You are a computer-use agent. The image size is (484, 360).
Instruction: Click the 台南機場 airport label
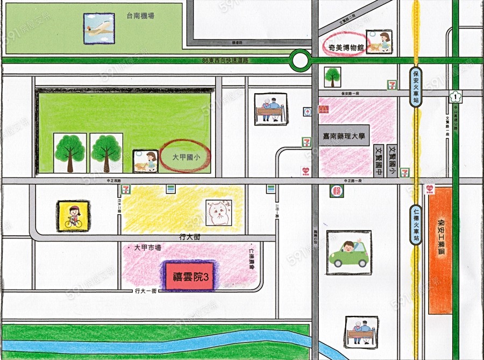[140, 16]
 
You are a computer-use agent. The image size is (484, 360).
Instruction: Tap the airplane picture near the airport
[99, 29]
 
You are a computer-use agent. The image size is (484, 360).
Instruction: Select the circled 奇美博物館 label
[346, 47]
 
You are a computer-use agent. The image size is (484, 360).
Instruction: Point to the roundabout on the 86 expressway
[300, 60]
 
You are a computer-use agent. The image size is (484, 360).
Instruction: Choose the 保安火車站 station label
[416, 87]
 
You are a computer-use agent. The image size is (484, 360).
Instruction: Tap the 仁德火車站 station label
[416, 225]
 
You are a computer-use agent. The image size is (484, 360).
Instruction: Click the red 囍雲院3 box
[189, 277]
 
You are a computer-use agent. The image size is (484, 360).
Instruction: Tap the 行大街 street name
[190, 237]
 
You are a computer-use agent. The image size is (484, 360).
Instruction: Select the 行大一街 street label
[146, 291]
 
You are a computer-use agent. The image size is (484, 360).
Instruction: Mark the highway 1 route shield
[455, 97]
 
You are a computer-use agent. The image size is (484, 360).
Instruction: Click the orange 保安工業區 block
[442, 250]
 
